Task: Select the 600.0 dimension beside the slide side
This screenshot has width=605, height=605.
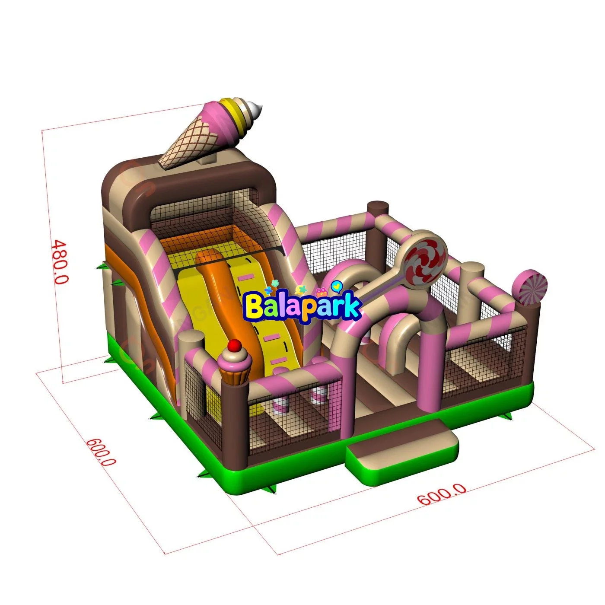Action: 101,451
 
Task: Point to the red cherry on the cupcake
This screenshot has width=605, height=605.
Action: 235,345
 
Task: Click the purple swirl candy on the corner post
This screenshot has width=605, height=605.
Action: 530,287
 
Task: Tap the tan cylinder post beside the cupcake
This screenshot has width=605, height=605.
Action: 191,350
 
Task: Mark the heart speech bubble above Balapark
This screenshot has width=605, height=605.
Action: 337,285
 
